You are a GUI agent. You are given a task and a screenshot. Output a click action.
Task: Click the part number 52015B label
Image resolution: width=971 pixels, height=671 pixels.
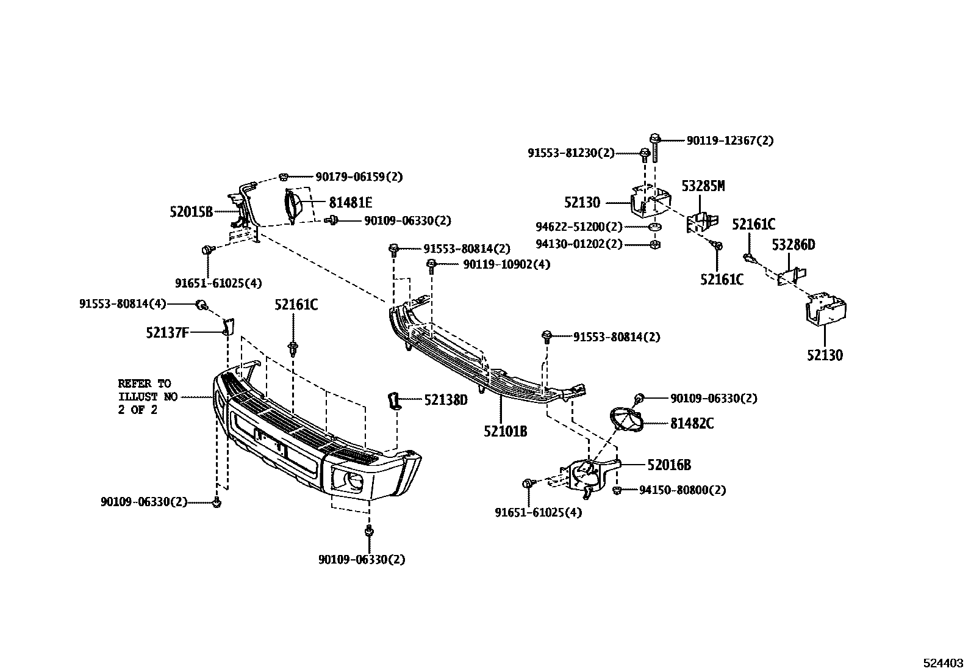pyautogui.click(x=191, y=212)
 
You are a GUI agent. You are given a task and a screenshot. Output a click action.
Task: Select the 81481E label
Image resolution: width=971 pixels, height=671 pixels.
pyautogui.click(x=350, y=202)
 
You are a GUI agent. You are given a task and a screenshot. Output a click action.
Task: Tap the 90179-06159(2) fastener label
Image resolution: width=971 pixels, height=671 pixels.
pyautogui.click(x=359, y=177)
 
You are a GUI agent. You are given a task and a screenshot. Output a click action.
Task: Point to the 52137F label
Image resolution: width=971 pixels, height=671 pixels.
pyautogui.click(x=167, y=333)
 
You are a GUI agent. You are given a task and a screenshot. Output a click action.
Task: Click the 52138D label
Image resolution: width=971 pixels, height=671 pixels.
pyautogui.click(x=445, y=400)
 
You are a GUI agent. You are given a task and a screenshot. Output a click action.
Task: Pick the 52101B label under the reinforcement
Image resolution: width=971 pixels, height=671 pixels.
pyautogui.click(x=505, y=431)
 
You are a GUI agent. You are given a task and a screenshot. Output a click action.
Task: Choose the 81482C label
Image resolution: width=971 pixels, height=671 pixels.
pyautogui.click(x=692, y=423)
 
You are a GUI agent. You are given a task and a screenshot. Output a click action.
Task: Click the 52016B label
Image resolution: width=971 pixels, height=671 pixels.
pyautogui.click(x=669, y=465)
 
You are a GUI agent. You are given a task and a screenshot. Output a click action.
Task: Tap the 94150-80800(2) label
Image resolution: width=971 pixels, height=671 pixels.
pyautogui.click(x=682, y=490)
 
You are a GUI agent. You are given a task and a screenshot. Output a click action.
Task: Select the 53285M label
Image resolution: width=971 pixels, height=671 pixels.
pyautogui.click(x=703, y=186)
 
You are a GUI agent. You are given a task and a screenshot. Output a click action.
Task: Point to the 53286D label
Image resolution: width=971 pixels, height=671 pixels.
pyautogui.click(x=793, y=245)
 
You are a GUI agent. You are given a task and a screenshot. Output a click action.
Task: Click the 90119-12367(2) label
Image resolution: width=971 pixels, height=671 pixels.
pyautogui.click(x=729, y=140)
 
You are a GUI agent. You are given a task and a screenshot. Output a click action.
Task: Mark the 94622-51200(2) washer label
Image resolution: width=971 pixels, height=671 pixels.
pyautogui.click(x=579, y=227)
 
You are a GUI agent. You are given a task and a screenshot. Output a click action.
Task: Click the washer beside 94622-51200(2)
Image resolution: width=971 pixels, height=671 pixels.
pyautogui.click(x=654, y=228)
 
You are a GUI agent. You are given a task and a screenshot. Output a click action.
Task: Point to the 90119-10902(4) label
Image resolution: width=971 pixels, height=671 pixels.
pyautogui.click(x=506, y=264)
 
